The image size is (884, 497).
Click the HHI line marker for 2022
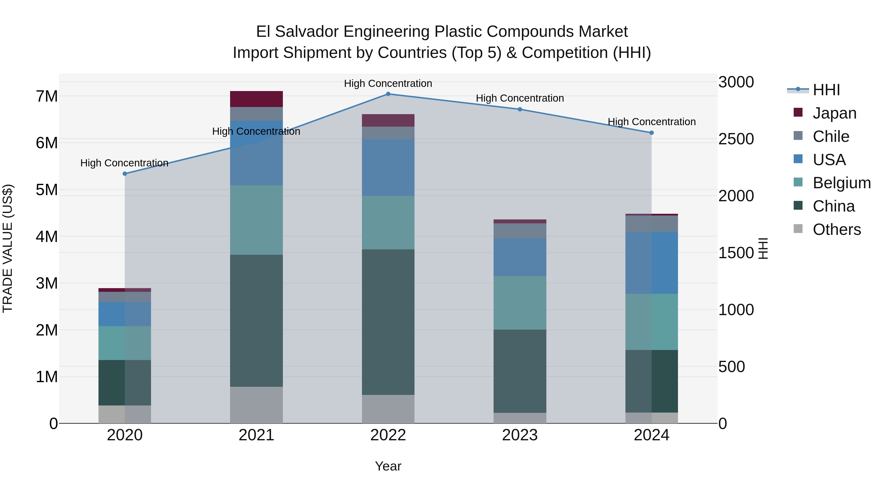(388, 94)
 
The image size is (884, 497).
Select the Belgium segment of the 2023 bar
(520, 303)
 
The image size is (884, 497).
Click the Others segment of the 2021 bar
(256, 405)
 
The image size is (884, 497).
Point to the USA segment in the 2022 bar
(388, 167)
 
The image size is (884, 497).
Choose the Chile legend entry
(830, 136)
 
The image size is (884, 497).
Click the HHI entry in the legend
(826, 90)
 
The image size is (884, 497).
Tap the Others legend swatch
(798, 228)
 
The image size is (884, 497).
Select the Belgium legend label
(842, 183)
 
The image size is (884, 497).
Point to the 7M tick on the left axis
(47, 96)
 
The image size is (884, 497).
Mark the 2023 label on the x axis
(520, 435)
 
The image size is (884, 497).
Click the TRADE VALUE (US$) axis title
(8, 248)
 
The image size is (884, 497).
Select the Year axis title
(388, 466)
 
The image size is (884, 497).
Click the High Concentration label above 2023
(520, 98)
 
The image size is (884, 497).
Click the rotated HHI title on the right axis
(763, 248)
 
